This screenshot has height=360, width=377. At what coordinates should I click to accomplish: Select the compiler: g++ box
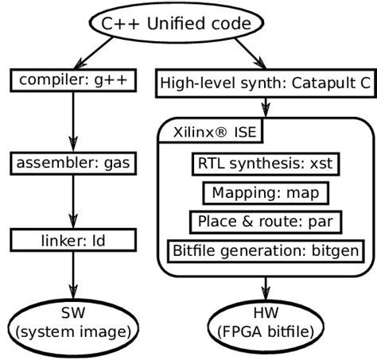[x=73, y=79]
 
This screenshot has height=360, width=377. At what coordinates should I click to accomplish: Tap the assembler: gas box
[x=73, y=165]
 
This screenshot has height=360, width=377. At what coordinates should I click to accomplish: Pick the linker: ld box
[x=73, y=238]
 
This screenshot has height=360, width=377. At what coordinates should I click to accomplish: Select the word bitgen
[x=333, y=250]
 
